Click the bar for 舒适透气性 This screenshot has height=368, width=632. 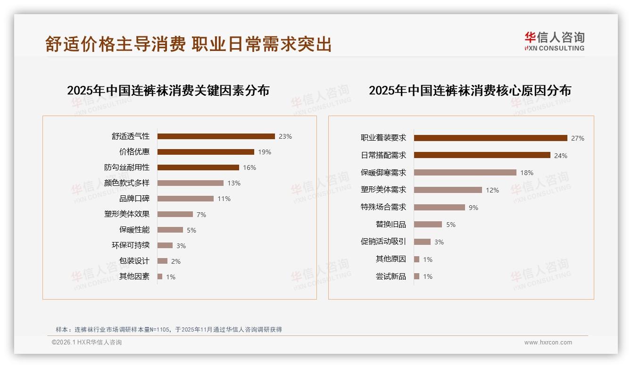pyautogui.click(x=216, y=136)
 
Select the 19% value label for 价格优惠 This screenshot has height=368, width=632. pyautogui.click(x=265, y=152)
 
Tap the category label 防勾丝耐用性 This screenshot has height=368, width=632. pyautogui.click(x=127, y=167)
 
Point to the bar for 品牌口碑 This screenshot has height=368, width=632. pyautogui.click(x=185, y=199)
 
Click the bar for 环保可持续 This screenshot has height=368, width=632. pyautogui.click(x=165, y=245)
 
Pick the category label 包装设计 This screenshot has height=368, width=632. pyautogui.click(x=134, y=261)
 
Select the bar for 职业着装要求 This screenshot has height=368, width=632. pyautogui.click(x=491, y=138)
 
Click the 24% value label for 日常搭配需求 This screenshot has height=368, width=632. pyautogui.click(x=561, y=156)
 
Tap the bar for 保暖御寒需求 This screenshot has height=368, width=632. pyautogui.click(x=465, y=173)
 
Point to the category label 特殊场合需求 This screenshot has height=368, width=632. pyautogui.click(x=383, y=207)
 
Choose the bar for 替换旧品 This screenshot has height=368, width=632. pyautogui.click(x=428, y=225)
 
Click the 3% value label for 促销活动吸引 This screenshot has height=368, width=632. pyautogui.click(x=439, y=242)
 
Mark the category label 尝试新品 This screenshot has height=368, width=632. pyautogui.click(x=391, y=276)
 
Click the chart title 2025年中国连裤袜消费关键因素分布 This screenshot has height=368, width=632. pyautogui.click(x=168, y=91)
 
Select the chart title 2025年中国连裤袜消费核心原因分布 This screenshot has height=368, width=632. pyautogui.click(x=470, y=91)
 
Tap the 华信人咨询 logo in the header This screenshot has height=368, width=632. pyautogui.click(x=554, y=42)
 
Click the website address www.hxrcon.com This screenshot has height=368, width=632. pyautogui.click(x=548, y=343)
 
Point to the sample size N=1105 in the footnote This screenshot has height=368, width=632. pyautogui.click(x=159, y=330)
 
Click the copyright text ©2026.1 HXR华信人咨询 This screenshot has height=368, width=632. pyautogui.click(x=87, y=343)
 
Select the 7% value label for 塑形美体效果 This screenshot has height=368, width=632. pyautogui.click(x=201, y=215)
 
